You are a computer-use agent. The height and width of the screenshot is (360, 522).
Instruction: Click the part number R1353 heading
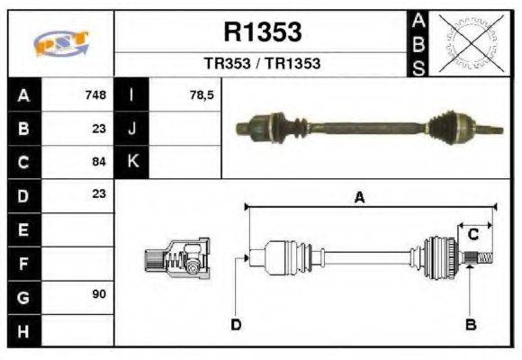click(x=262, y=32)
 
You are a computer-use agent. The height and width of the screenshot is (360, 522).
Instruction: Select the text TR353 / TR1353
click(x=262, y=64)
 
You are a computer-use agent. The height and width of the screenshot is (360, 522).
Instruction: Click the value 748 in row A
click(x=95, y=94)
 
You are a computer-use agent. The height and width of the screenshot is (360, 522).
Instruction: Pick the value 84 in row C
click(x=99, y=162)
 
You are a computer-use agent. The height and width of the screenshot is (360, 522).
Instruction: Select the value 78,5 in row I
click(x=202, y=94)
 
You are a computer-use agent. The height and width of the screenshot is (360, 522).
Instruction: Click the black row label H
click(x=22, y=330)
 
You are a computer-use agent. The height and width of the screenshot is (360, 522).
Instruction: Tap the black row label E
click(x=22, y=229)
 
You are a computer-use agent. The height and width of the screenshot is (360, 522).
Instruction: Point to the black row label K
click(x=132, y=162)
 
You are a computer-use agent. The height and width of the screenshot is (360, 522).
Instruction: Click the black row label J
click(x=132, y=129)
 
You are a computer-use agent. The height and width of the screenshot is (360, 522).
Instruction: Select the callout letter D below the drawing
click(x=236, y=324)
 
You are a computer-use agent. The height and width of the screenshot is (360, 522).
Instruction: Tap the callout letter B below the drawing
click(x=470, y=324)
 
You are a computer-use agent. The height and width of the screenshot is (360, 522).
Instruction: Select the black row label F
click(x=22, y=263)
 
